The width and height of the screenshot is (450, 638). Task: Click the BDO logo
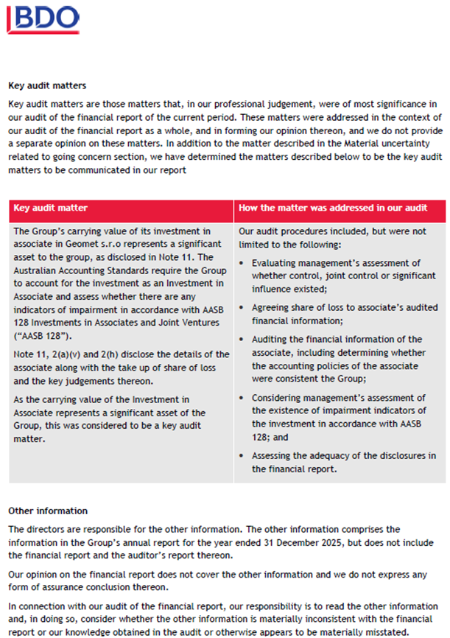click(43, 18)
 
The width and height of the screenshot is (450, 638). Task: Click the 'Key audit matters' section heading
click(47, 85)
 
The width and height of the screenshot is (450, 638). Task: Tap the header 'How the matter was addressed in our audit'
click(332, 208)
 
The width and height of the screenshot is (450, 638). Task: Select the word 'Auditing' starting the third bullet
click(270, 339)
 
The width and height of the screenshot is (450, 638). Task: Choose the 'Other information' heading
click(48, 511)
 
